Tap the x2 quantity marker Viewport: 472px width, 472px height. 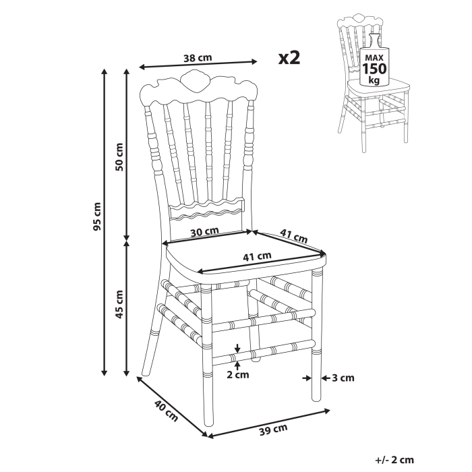(289, 57)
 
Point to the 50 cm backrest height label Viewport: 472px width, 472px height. (119, 156)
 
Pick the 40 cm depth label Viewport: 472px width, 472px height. (166, 411)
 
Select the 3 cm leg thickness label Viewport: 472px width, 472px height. (343, 378)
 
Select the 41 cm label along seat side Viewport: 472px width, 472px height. (293, 237)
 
